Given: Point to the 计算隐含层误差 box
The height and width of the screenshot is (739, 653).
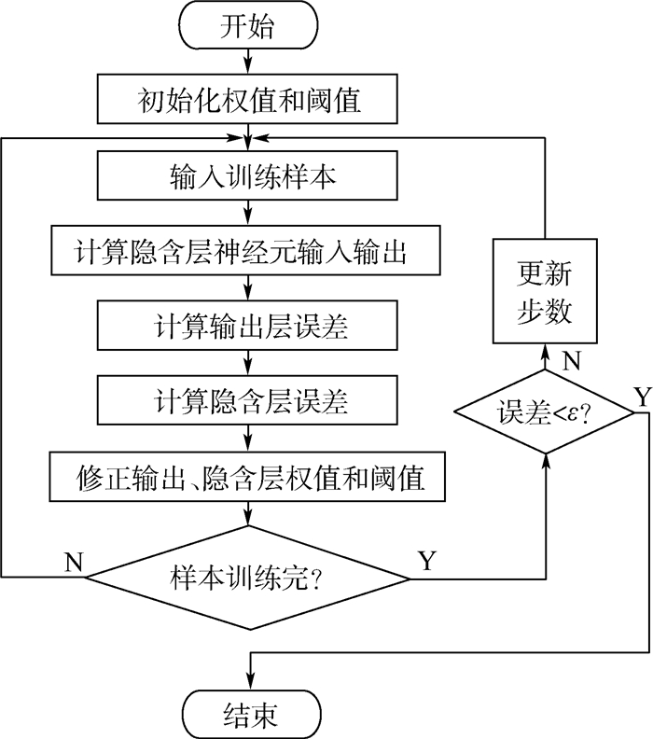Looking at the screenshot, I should click(x=247, y=401).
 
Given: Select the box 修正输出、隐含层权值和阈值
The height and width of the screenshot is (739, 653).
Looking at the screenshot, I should click(x=247, y=477).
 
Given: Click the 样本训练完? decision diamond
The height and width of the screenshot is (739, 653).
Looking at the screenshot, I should click(x=248, y=578).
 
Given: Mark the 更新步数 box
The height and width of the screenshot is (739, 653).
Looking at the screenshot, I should click(x=546, y=292).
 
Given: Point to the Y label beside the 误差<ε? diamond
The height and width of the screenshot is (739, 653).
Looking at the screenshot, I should click(x=641, y=395).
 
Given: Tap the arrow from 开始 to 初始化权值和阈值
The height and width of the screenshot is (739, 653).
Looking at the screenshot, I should click(x=248, y=62).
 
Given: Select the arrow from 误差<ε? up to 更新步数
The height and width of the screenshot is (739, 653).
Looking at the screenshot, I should click(x=546, y=359).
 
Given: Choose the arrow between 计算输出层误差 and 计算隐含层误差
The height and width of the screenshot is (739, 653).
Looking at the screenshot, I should click(x=248, y=363).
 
